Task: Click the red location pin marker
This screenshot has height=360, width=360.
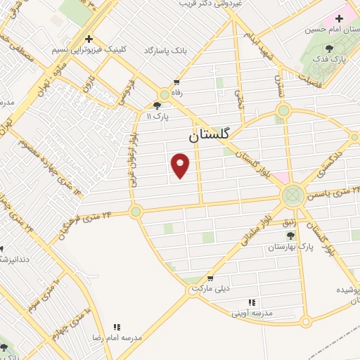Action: [x=181, y=165]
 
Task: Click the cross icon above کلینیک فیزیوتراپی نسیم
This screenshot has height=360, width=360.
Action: [x=89, y=39]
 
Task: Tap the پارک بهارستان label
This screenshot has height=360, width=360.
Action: [x=290, y=247]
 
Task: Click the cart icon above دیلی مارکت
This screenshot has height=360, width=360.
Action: [x=210, y=278]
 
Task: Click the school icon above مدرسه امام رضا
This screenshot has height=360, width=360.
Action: [x=117, y=327]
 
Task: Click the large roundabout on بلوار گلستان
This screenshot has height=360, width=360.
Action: [x=291, y=195]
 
